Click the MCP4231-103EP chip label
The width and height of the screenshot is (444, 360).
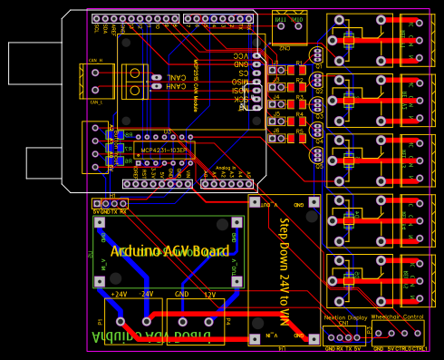coord(164,151)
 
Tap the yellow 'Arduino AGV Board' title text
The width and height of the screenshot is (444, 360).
coord(169,251)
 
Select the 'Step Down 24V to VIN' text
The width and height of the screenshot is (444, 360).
coord(284,272)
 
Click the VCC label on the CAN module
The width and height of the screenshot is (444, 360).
coord(240,55)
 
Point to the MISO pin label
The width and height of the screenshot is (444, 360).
coord(239,83)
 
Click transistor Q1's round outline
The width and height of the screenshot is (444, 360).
coord(316,55)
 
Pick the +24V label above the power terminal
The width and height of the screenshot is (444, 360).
coord(118,295)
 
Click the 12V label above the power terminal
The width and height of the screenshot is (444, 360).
coord(208,295)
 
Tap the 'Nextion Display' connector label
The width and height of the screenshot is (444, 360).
coord(345,317)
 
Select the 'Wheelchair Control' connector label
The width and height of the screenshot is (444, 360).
coord(398,317)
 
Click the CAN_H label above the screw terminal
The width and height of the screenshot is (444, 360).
coord(95,61)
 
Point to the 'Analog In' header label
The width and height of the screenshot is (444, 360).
coord(226,168)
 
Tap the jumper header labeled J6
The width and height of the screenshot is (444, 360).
coord(275,140)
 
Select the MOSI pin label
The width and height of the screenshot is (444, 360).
coord(239,91)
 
